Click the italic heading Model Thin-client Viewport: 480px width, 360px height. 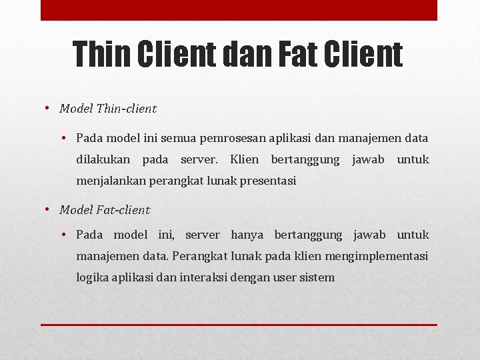pyautogui.click(x=108, y=108)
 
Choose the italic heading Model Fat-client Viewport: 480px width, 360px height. pyautogui.click(x=105, y=210)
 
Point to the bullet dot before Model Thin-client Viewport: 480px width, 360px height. pyautogui.click(x=49, y=108)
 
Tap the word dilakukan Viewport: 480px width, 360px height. pyautogui.click(x=103, y=159)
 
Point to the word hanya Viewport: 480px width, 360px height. pyautogui.click(x=247, y=235)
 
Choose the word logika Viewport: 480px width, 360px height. pyautogui.click(x=90, y=277)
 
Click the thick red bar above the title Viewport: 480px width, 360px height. pyautogui.click(x=239, y=10)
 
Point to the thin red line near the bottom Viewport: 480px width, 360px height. pyautogui.click(x=239, y=325)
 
